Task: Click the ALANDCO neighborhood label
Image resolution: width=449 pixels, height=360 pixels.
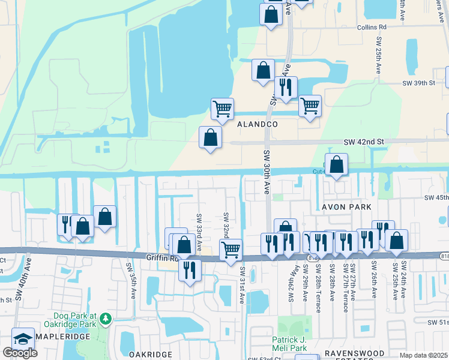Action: point(257,124)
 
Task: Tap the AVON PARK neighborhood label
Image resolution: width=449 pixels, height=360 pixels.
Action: point(338,207)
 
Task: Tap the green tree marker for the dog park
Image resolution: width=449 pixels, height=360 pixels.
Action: point(106,317)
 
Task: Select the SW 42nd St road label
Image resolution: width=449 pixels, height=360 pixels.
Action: point(363,142)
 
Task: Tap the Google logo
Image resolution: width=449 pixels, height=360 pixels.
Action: point(20,353)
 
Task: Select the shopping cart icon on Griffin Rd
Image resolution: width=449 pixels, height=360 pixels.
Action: point(232,249)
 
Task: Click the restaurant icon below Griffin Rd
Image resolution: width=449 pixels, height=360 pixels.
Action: point(190,269)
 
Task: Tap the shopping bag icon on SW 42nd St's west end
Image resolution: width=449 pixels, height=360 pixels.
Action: point(210,137)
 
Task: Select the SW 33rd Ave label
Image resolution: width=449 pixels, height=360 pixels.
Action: point(198,224)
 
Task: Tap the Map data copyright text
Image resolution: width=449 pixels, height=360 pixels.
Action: point(424,355)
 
